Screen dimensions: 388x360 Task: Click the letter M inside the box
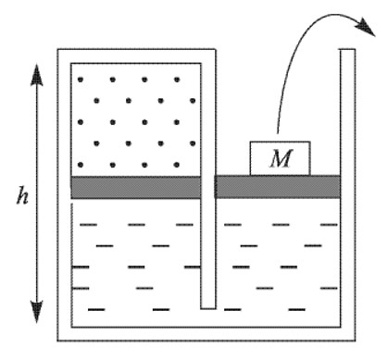281,159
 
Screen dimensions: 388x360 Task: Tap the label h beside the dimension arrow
22,195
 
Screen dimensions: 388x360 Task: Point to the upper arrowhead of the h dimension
37,75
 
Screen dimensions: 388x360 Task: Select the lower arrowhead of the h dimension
37,312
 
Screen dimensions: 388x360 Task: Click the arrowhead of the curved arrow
366,27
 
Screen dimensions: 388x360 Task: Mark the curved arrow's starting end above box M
278,133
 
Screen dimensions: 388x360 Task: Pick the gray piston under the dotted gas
136,187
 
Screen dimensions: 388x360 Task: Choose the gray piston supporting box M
278,187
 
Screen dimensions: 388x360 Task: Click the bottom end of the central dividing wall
208,308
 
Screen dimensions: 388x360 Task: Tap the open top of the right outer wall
347,49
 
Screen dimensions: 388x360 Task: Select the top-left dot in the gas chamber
81,80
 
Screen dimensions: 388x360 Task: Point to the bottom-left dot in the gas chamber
81,165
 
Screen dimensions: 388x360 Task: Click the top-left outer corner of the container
57,49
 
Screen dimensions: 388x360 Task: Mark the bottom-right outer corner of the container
355,341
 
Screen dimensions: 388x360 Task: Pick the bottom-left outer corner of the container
57,341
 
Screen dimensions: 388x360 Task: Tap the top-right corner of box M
310,142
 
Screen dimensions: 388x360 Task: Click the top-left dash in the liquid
89,225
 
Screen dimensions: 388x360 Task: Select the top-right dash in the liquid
329,225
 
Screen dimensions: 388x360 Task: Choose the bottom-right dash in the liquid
297,309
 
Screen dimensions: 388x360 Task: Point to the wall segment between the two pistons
208,187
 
